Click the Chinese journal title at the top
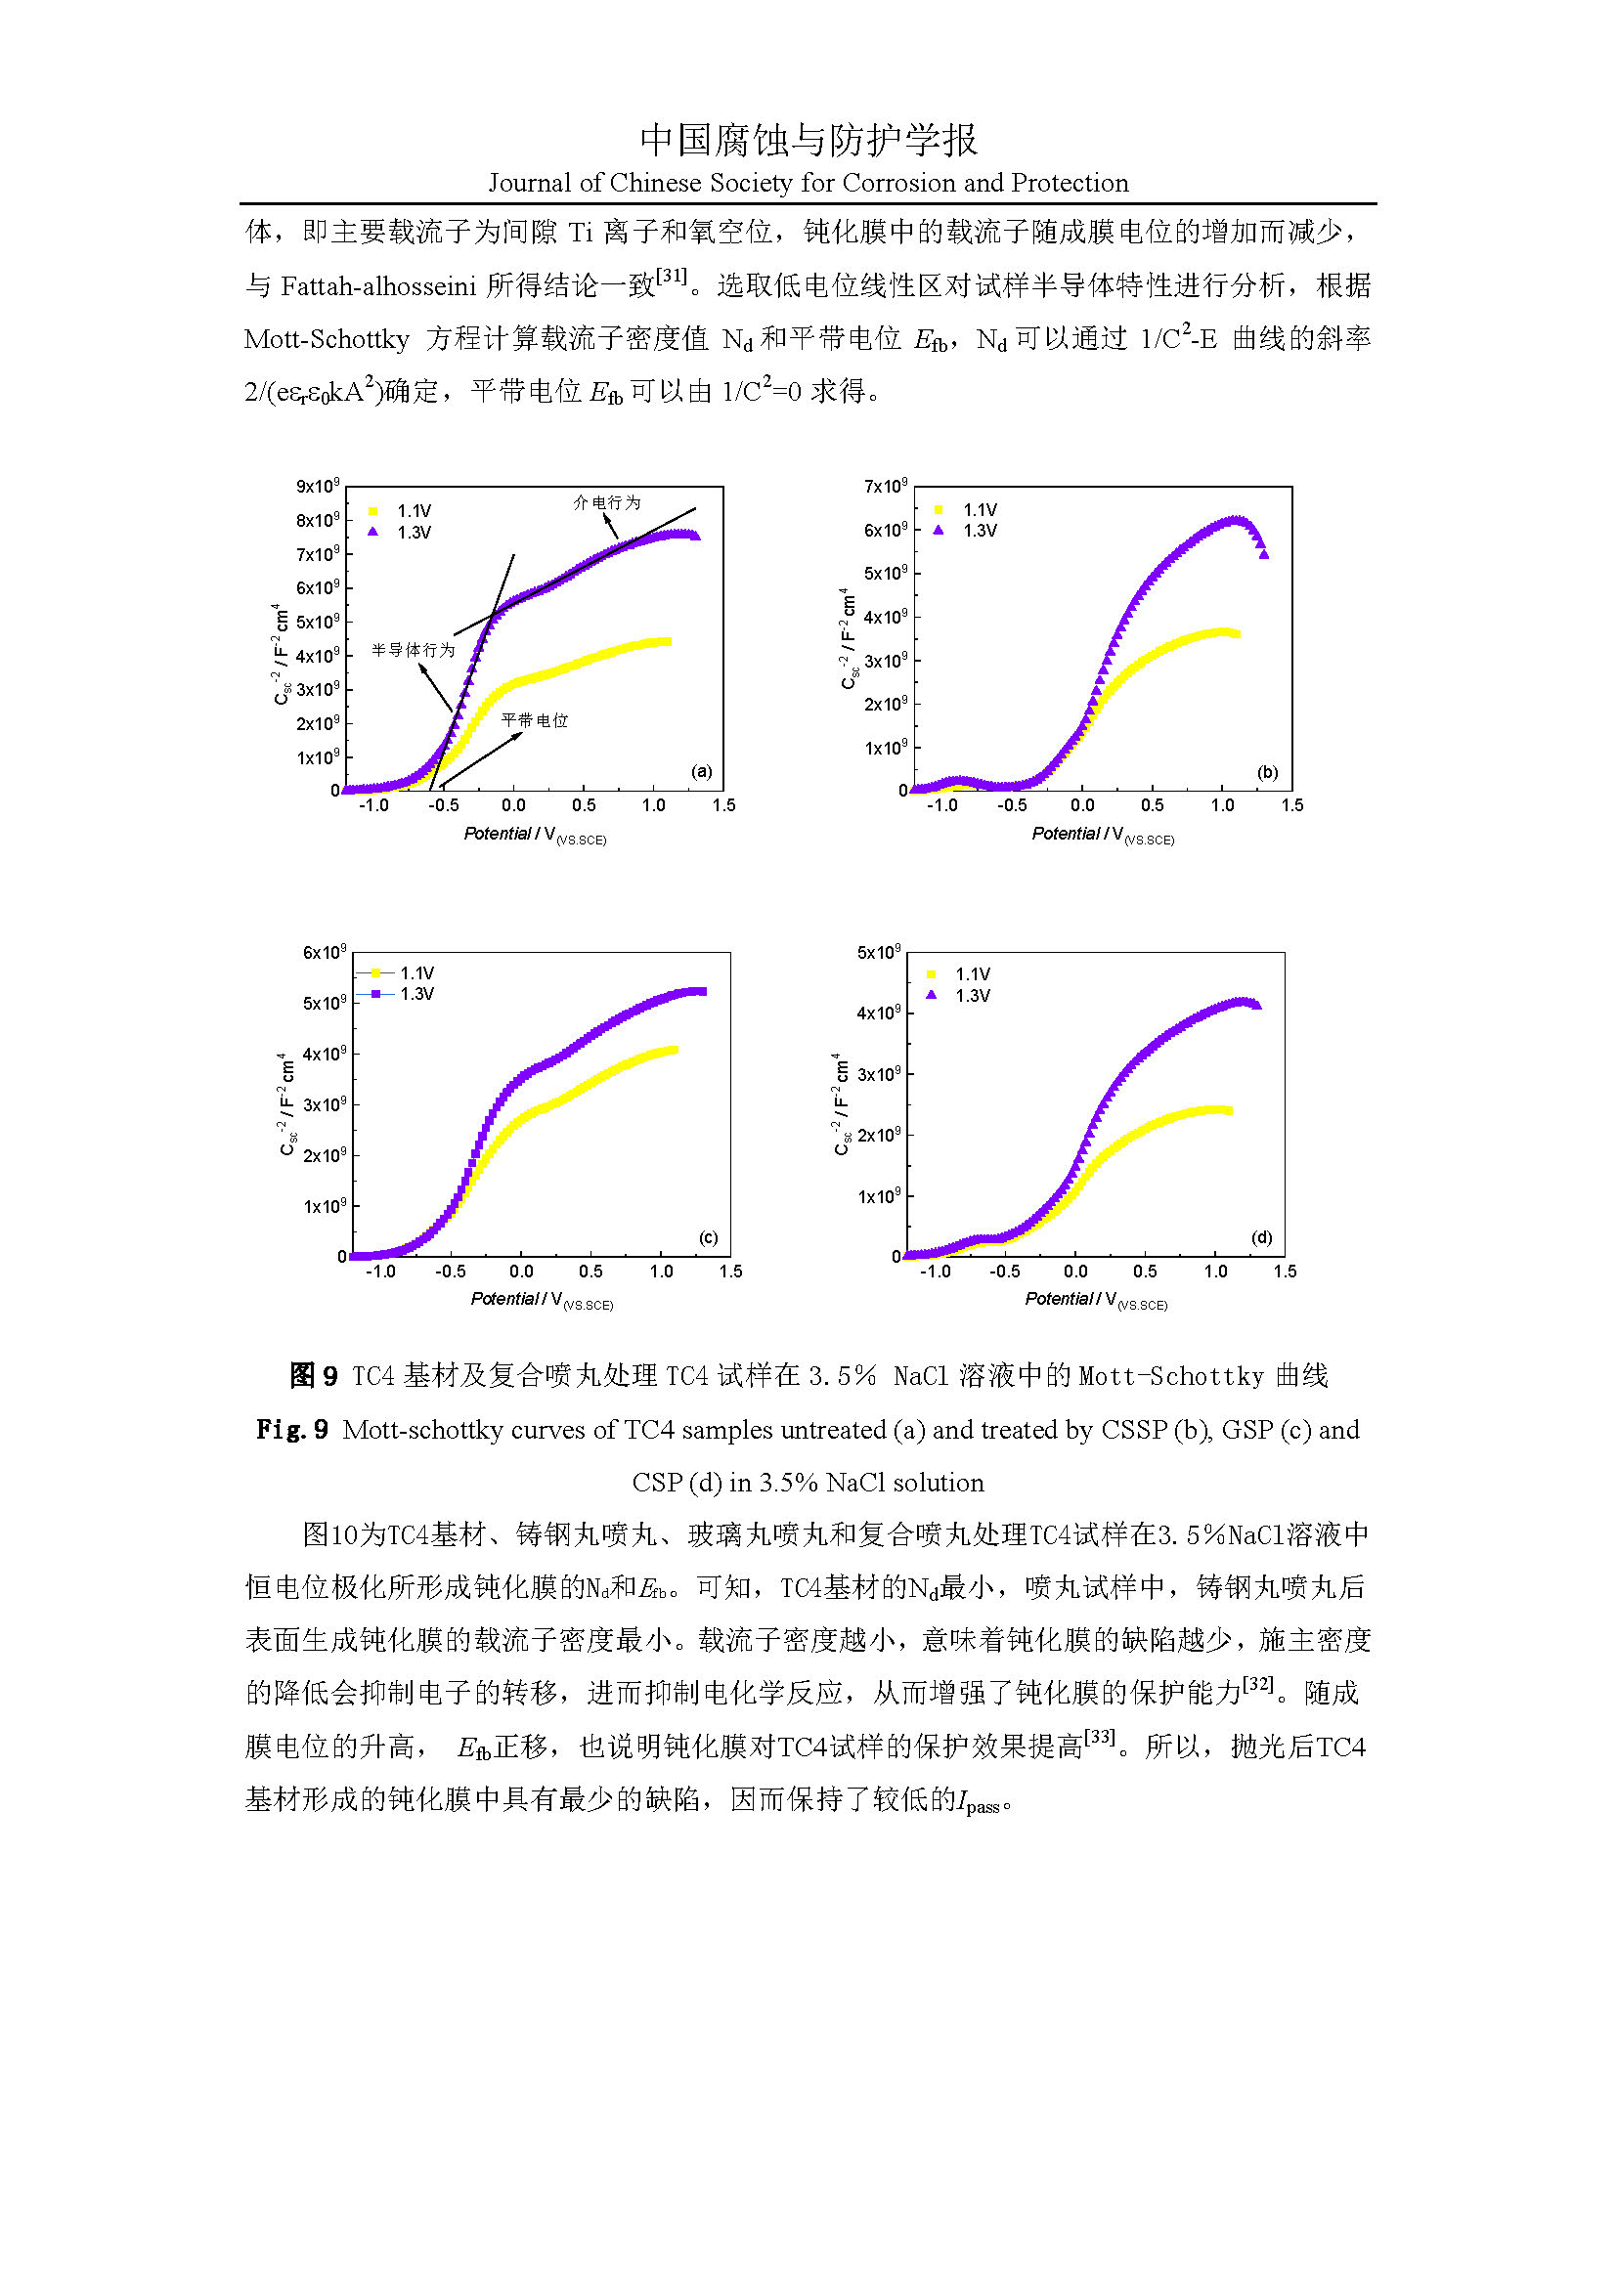(x=808, y=141)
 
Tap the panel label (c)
(x=708, y=1237)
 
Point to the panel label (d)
(x=1261, y=1237)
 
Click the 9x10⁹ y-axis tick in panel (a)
(x=318, y=487)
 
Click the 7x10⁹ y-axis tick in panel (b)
(x=885, y=487)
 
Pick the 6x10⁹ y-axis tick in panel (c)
(x=325, y=953)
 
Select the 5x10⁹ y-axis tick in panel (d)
(x=878, y=953)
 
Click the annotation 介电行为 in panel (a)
(x=606, y=502)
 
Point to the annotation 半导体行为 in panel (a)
(x=414, y=650)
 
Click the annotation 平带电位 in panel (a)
(x=535, y=720)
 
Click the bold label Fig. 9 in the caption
(x=291, y=1430)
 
